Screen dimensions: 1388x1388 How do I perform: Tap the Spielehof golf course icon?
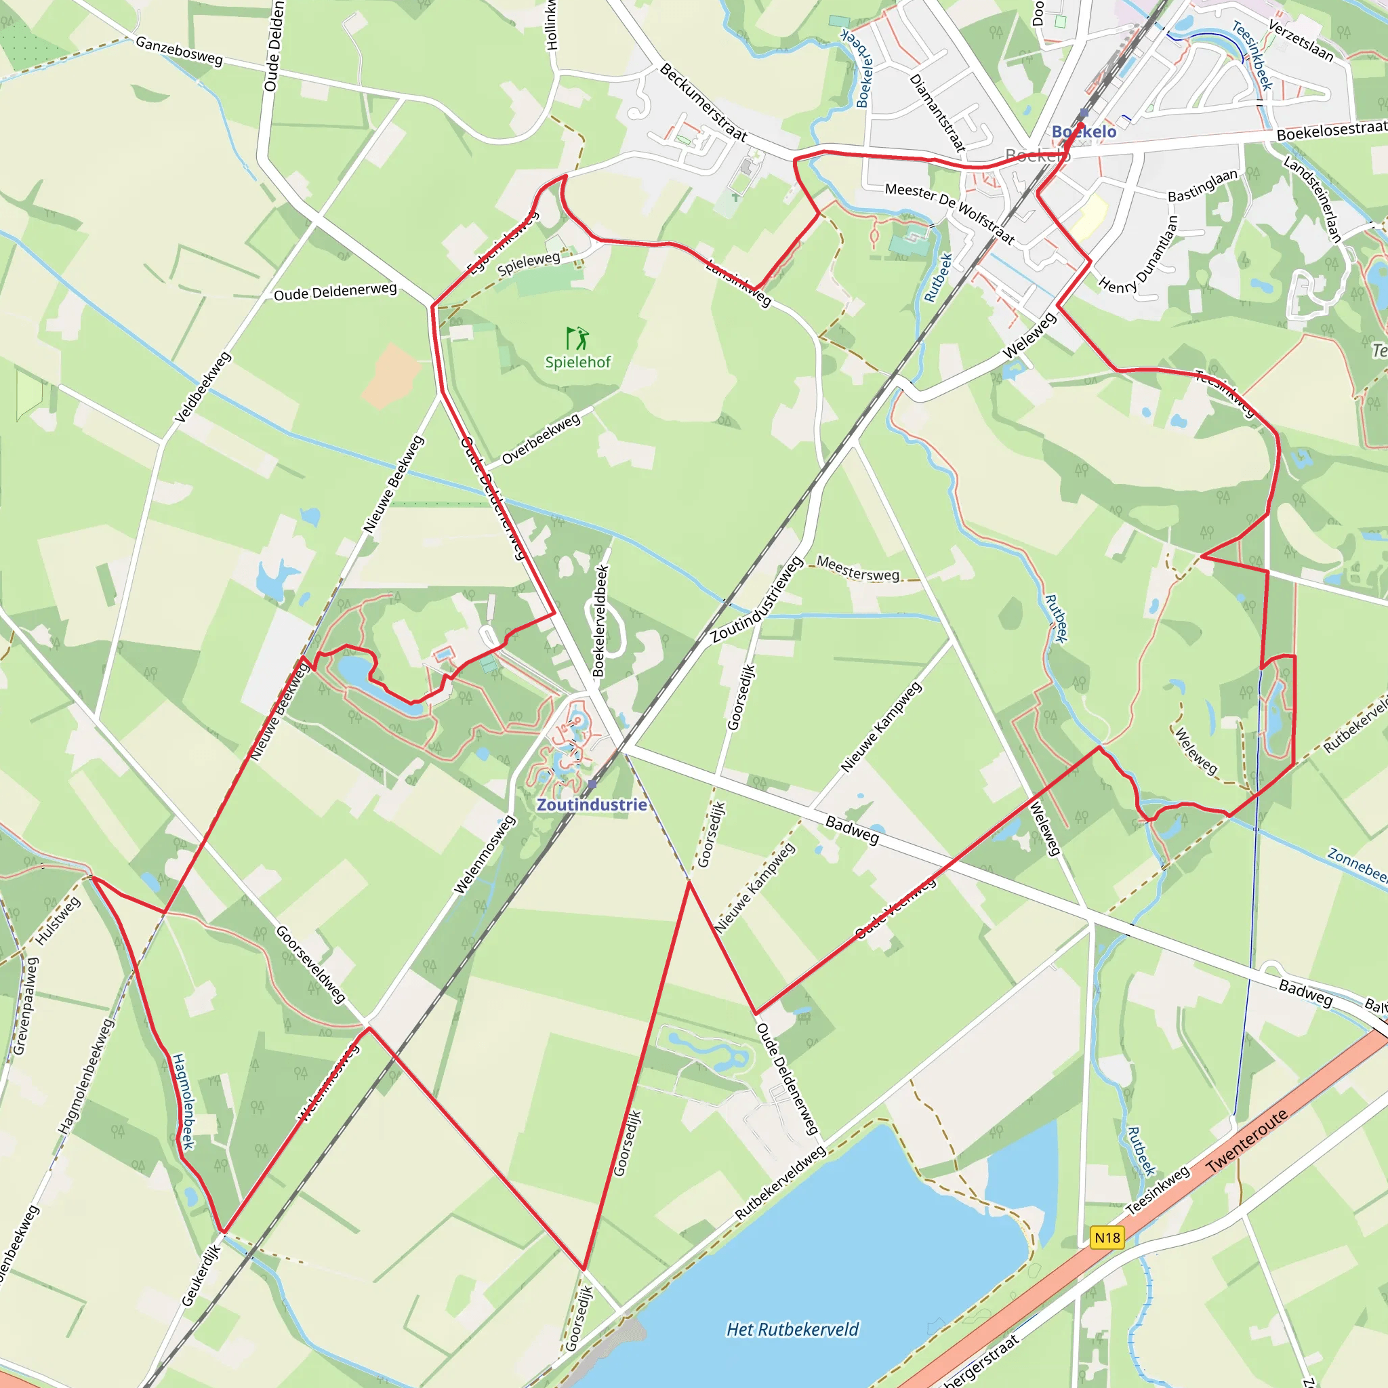point(577,338)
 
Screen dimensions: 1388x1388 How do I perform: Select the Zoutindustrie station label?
point(592,804)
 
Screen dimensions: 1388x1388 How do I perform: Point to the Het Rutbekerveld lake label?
point(792,1329)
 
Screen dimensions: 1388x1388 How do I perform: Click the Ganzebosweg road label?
point(179,51)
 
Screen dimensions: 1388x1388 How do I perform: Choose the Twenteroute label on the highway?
point(1246,1141)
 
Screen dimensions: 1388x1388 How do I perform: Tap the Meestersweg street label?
point(858,569)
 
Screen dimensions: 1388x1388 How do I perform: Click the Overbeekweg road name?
point(541,439)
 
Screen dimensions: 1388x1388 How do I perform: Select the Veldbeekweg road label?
point(203,386)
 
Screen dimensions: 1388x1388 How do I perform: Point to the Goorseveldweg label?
point(311,964)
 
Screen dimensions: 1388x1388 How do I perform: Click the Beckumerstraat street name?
point(703,102)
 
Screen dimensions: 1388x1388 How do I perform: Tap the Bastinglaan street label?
point(1203,185)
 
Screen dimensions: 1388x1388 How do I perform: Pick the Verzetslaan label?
point(1301,41)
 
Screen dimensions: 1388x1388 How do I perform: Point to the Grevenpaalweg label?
point(25,1005)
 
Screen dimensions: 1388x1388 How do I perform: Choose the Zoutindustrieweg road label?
point(756,600)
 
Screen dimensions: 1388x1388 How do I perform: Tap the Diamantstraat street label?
point(937,112)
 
